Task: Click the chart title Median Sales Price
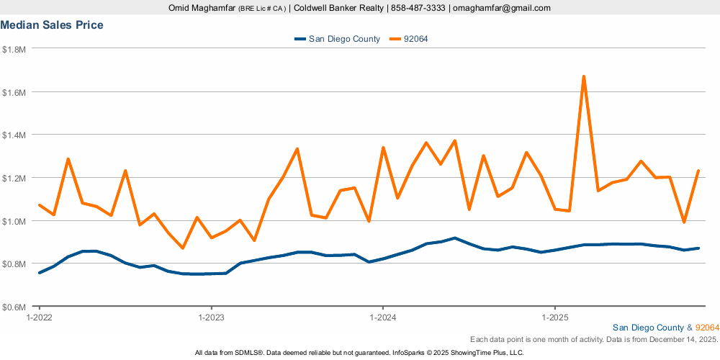click(x=52, y=25)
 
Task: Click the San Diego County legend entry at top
click(x=343, y=39)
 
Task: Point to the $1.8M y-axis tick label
click(x=14, y=50)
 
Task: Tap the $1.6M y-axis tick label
click(x=14, y=92)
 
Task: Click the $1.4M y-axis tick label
click(x=14, y=135)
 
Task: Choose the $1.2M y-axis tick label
click(x=14, y=178)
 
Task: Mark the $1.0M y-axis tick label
click(x=14, y=221)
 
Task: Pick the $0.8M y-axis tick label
click(x=14, y=264)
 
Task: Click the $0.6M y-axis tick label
click(x=14, y=307)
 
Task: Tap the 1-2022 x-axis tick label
click(x=39, y=317)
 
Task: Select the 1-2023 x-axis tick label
click(x=210, y=317)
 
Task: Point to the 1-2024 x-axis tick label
click(x=382, y=317)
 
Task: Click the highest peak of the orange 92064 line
click(x=583, y=76)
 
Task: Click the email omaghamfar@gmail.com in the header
click(x=501, y=8)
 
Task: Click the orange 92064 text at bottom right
click(x=707, y=328)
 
